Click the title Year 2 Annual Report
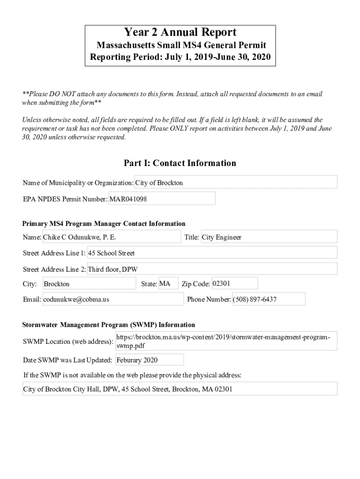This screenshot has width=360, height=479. click(x=180, y=32)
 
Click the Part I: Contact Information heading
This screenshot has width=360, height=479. click(x=180, y=163)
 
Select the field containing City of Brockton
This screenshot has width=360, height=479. click(x=236, y=182)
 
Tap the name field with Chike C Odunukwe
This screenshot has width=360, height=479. click(x=111, y=237)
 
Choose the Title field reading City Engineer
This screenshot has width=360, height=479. click(x=268, y=237)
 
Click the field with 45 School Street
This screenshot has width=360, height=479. click(x=212, y=253)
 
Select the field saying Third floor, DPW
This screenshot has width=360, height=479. click(x=212, y=269)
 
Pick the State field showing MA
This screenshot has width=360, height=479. click(x=168, y=283)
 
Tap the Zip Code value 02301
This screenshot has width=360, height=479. click(x=234, y=283)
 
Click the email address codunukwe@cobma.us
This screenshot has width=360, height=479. click(x=113, y=299)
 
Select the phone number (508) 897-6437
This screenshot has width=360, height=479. click(x=268, y=299)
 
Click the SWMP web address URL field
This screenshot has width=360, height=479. click(x=226, y=341)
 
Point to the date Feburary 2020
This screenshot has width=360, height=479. click(x=149, y=360)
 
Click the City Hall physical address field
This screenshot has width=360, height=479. click(x=180, y=389)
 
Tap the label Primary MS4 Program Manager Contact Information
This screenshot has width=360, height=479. click(x=104, y=224)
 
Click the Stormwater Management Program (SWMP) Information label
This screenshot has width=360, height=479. click(x=109, y=325)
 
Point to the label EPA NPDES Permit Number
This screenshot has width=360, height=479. click(x=65, y=199)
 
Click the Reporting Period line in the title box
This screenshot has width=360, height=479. click(x=180, y=58)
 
